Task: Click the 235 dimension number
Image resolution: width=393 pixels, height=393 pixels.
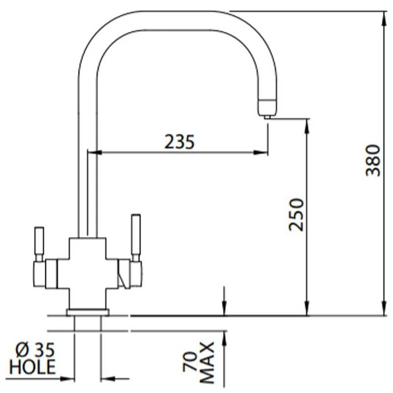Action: click(x=179, y=141)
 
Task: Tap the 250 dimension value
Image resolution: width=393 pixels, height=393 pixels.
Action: click(x=297, y=214)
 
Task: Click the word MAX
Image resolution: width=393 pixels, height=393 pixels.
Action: click(x=208, y=363)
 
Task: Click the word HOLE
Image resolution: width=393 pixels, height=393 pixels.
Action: click(x=33, y=366)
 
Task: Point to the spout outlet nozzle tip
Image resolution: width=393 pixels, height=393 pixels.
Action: click(x=267, y=115)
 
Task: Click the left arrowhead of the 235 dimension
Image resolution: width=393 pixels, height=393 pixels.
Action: click(x=98, y=153)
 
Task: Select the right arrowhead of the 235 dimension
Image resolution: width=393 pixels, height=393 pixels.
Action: click(x=263, y=153)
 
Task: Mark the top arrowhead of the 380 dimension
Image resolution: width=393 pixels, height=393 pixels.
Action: click(x=384, y=16)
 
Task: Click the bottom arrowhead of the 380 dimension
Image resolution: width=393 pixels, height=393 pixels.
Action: click(x=384, y=310)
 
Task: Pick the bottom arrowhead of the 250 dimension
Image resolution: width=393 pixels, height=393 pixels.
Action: click(x=307, y=310)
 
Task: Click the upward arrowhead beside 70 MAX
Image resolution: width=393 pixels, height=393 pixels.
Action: click(x=225, y=336)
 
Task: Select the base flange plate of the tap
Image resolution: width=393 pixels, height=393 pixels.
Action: click(x=88, y=312)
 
